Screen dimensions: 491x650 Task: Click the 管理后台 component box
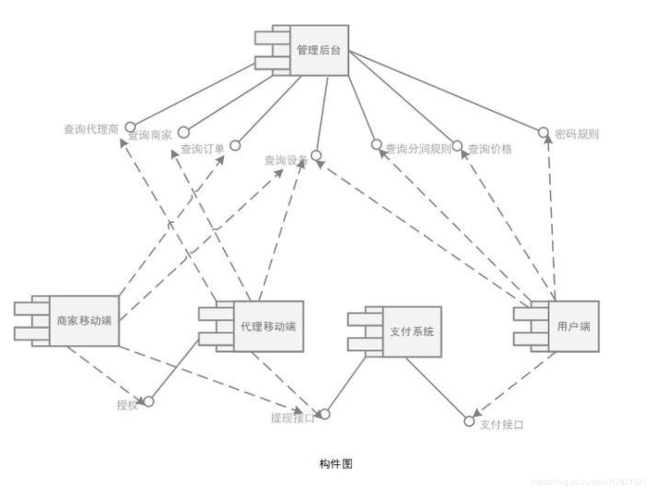click(x=319, y=50)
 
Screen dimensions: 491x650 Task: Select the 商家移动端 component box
click(x=84, y=321)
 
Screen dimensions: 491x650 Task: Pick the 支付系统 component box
click(x=411, y=331)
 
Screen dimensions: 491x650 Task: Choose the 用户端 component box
click(x=573, y=327)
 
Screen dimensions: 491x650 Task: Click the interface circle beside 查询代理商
click(x=130, y=126)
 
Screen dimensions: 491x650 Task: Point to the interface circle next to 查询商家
click(x=184, y=132)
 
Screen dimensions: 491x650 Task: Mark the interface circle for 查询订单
click(x=236, y=145)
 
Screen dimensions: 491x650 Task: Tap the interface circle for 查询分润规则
click(x=376, y=144)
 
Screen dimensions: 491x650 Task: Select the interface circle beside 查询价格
click(x=457, y=146)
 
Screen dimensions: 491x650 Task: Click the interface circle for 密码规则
click(x=543, y=132)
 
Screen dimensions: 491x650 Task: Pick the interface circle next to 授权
click(x=149, y=402)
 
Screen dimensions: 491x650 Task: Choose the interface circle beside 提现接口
click(x=325, y=414)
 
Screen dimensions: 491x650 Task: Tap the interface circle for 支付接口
click(x=469, y=421)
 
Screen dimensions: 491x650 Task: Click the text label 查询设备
click(x=286, y=160)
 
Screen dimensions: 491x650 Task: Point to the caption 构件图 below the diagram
click(x=336, y=464)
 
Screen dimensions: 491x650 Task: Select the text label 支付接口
click(x=501, y=424)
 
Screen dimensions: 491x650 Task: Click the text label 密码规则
click(x=576, y=134)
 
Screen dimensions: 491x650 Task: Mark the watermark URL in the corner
click(x=588, y=482)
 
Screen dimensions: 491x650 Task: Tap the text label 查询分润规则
click(x=418, y=149)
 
